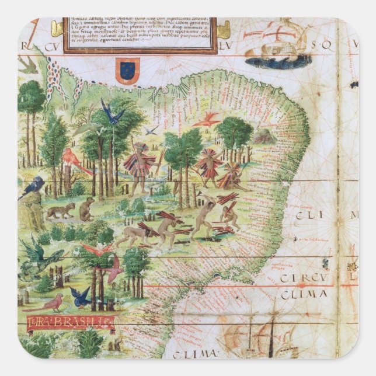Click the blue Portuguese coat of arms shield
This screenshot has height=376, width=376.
click(127, 71)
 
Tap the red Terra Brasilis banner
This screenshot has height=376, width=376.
click(70, 321)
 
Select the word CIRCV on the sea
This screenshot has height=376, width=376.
click(302, 278)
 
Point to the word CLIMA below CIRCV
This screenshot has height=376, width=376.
click(304, 295)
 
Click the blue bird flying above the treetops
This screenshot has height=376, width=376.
click(111, 113)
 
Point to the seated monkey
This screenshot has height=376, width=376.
click(87, 208)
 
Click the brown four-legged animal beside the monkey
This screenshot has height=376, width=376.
click(60, 210)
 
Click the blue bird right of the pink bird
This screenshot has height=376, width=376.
click(81, 295)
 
